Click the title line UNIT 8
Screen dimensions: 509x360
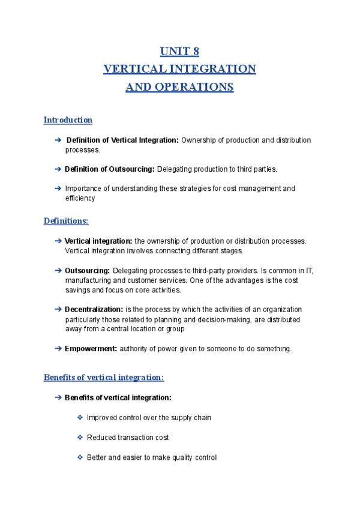pos(180,50)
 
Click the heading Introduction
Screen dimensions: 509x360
pos(68,120)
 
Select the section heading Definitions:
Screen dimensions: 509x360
pos(66,221)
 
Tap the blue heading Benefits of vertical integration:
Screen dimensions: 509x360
pos(104,378)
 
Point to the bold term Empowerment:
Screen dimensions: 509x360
pos(91,348)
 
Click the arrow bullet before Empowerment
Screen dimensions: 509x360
pos(58,348)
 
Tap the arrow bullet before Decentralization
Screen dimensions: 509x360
pos(58,309)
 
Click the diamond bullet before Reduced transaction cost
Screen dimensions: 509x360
pos(80,438)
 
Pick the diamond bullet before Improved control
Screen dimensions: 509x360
pos(80,417)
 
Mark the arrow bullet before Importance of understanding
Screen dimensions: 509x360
pos(58,188)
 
